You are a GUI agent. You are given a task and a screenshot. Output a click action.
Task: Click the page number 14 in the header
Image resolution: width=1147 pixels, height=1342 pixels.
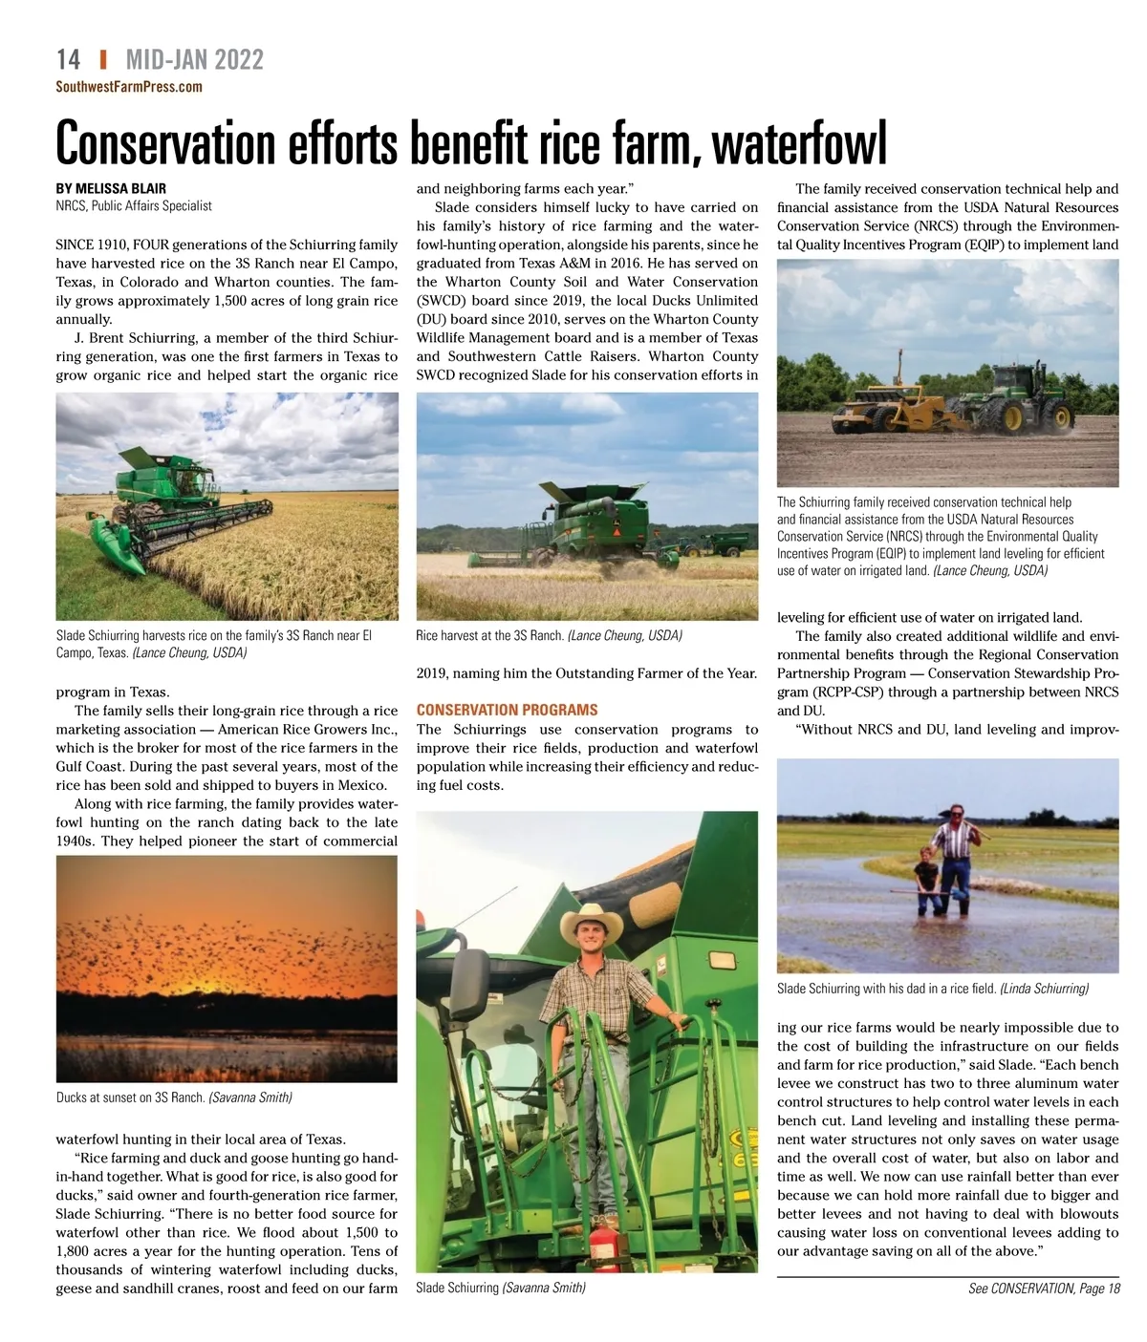pos(68,59)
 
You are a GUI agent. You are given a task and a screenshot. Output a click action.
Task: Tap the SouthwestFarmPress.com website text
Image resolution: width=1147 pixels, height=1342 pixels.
pos(129,87)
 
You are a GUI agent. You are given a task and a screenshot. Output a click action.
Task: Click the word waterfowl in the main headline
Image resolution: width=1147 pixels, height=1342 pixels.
pos(800,143)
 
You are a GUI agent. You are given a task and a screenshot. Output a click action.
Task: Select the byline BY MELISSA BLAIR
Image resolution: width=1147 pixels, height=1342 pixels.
pos(111,188)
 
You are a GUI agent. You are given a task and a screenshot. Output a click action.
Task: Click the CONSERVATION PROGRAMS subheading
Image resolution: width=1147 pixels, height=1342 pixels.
pos(507,710)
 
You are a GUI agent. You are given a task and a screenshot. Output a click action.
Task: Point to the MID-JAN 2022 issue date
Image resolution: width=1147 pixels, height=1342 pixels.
pos(194,59)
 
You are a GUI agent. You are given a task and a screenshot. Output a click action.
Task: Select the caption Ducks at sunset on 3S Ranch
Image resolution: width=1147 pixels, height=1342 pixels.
pos(131,1097)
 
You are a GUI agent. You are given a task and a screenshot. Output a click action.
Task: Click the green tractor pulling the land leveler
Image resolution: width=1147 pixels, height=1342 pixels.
pos(1013,397)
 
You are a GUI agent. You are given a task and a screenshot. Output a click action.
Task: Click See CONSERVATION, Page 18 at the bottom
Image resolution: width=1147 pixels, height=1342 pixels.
pos(1044,1289)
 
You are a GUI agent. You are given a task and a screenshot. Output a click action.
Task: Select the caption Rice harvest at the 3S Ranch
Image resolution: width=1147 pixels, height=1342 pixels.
pos(489,635)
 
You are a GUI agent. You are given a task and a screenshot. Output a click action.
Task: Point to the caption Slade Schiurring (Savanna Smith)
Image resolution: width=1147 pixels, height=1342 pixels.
pos(500,1288)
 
